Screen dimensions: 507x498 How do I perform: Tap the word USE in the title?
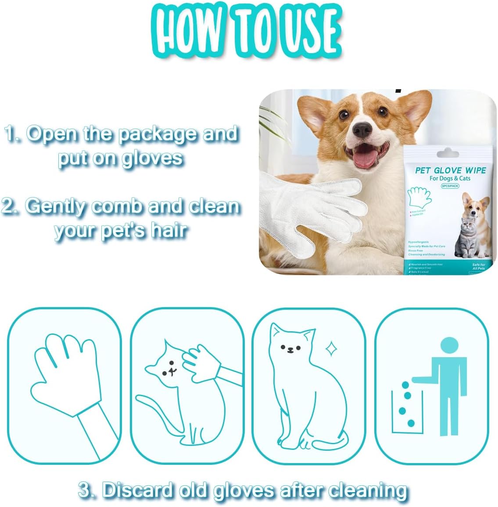pos(307,30)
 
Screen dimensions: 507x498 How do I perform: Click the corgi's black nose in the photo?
pos(362,129)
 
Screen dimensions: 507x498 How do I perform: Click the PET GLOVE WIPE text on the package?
pos(450,170)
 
